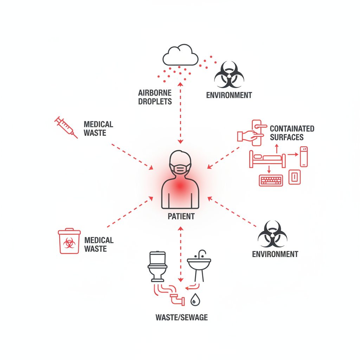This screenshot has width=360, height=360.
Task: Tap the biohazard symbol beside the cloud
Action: pos(229,75)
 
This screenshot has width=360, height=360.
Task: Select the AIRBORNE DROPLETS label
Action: pos(155,97)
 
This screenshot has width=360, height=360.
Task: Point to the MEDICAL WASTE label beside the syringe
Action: pos(98,128)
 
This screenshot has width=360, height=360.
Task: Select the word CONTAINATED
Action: pos(292,128)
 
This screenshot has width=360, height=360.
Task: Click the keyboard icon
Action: pos(271,180)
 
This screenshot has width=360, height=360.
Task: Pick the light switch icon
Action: pos(295,177)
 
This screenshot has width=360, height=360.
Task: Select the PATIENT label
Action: pos(181,216)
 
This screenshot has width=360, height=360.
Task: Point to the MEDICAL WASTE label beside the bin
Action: pos(99,244)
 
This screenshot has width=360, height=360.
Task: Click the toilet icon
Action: pos(157,266)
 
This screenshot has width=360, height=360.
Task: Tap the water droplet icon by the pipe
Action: pos(194,300)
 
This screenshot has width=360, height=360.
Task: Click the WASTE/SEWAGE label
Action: pos(181,317)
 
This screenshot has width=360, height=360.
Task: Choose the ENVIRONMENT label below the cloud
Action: pos(229,95)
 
